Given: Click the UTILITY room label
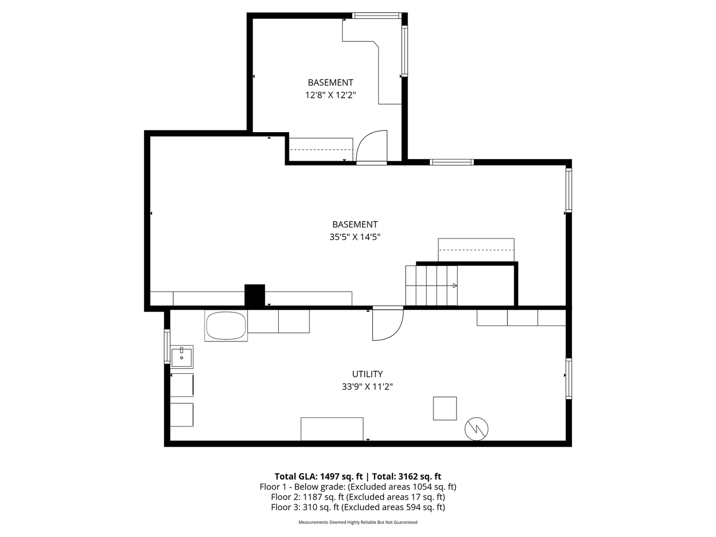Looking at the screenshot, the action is pos(367,374).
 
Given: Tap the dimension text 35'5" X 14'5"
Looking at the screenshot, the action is pos(355,237).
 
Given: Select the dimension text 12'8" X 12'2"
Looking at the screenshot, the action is pos(330,95).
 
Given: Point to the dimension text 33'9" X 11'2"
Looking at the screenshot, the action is pos(367,386).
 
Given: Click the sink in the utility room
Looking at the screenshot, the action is pos(182,357).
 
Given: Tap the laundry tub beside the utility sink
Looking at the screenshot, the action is pos(226,325).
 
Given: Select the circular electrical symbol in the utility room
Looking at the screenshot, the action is pos(476,429).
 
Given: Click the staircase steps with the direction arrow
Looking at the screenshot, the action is pos(431,286).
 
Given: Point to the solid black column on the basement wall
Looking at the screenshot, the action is pos(255,295).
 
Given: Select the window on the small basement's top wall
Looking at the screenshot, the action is pos(377,16).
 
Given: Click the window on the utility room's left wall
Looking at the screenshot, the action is pos(167,346).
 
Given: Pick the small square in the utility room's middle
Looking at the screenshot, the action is pos(445,408).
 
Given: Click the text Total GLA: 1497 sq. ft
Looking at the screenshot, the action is pos(319,476).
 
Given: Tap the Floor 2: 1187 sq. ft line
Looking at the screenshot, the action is pos(358,497).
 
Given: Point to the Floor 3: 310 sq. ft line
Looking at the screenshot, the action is pos(358,507).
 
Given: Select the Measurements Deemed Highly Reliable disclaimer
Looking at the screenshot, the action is pos(358,523).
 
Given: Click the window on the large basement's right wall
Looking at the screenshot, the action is pos(569,191).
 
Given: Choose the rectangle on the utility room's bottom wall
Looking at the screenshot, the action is pos(332,429).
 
